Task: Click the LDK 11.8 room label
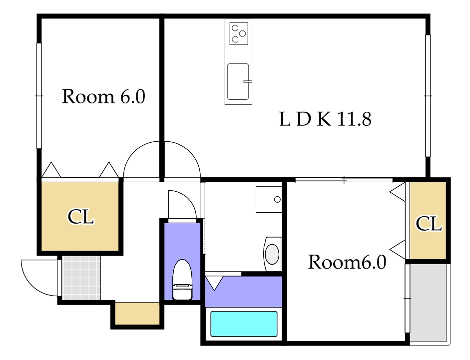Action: (x=325, y=119)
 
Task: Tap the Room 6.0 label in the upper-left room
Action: (x=103, y=96)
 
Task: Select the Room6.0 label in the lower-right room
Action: (x=347, y=262)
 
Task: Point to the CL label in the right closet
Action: (x=429, y=223)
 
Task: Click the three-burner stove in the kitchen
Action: (x=239, y=33)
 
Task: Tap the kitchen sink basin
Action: (x=238, y=81)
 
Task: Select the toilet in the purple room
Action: (x=182, y=280)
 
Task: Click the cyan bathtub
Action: (x=244, y=324)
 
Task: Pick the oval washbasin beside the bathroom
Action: (x=272, y=254)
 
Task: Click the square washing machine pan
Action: (x=269, y=199)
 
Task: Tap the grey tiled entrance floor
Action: (x=81, y=278)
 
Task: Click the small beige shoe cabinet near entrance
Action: (x=137, y=314)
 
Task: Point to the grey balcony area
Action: (x=429, y=302)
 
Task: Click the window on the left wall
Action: (x=39, y=96)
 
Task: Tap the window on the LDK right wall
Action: (x=428, y=96)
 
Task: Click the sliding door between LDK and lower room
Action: (x=344, y=180)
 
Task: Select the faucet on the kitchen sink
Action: (x=247, y=81)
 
